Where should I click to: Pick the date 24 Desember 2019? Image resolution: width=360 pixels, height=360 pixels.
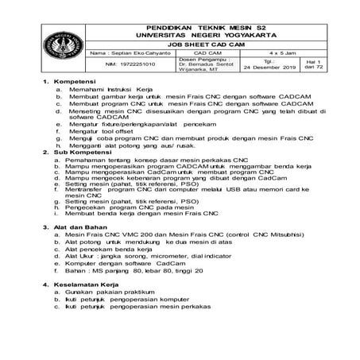pos(268,68)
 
